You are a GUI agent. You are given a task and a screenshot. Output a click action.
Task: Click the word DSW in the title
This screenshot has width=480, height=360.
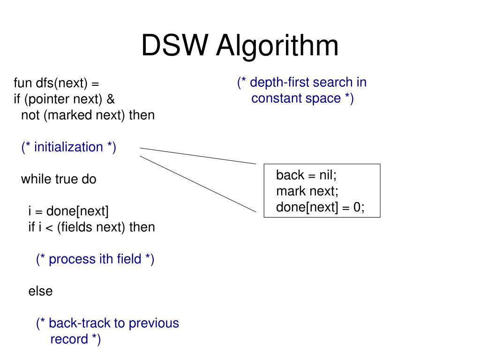175,45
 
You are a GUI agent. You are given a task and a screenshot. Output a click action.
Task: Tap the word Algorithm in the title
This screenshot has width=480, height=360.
277,46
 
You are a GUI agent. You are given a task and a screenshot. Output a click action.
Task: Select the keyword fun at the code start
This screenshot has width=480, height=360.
22,82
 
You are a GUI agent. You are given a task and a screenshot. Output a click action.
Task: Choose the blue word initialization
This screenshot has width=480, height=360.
68,147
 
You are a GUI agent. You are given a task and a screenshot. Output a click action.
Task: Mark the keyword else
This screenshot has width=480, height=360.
40,291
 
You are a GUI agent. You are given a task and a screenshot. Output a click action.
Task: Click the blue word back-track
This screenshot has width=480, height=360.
80,323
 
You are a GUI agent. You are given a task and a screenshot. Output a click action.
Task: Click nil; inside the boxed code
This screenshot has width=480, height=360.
328,175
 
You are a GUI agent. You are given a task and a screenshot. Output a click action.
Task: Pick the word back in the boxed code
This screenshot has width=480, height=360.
290,175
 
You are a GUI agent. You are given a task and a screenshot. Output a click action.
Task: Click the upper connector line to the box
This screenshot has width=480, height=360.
198,156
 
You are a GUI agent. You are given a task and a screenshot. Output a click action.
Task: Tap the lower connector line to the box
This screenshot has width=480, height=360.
198,184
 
